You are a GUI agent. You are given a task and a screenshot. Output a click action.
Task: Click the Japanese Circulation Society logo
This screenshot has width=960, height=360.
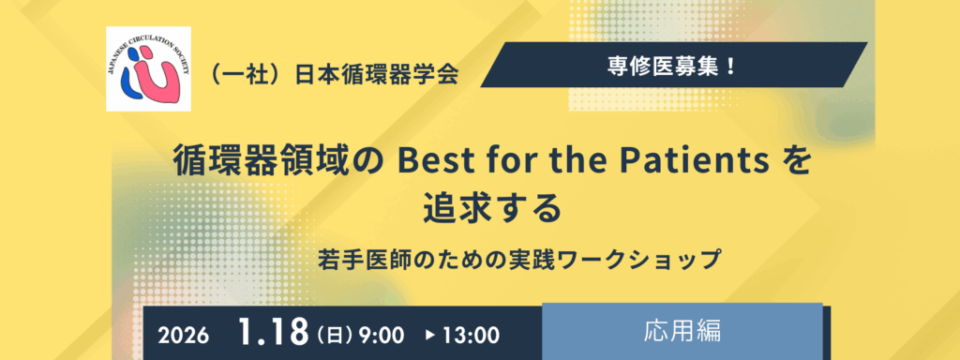point(148,68)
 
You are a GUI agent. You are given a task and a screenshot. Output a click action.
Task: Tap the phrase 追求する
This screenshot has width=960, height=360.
point(491,209)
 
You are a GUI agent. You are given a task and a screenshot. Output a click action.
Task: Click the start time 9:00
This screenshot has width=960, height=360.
point(382,336)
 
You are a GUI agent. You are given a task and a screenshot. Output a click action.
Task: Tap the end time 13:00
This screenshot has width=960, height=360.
point(471,336)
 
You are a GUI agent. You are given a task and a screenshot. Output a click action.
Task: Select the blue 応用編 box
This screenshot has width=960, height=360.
point(682,331)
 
